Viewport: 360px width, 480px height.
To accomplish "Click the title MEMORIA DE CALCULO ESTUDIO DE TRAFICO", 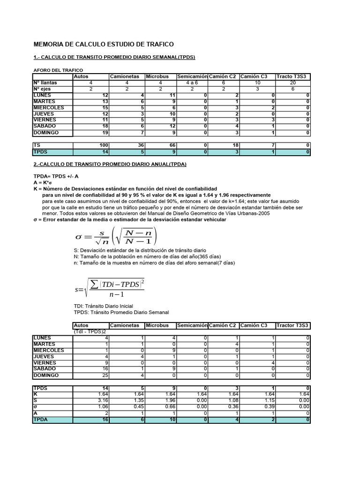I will tap(103, 44).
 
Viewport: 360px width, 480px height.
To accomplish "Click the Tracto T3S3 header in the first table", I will tap(292, 76).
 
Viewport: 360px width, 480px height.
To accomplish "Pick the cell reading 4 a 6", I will tap(192, 82).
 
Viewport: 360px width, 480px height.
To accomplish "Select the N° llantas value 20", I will tap(292, 82).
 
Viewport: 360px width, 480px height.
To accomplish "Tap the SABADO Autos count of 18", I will tap(105, 126).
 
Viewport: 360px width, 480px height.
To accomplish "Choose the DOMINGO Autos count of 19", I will tap(105, 133).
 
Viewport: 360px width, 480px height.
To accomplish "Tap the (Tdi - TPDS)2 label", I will tap(90, 331).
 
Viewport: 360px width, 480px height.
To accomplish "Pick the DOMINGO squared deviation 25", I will tap(105, 375).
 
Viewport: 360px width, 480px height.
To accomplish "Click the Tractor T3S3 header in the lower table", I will tap(292, 325).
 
